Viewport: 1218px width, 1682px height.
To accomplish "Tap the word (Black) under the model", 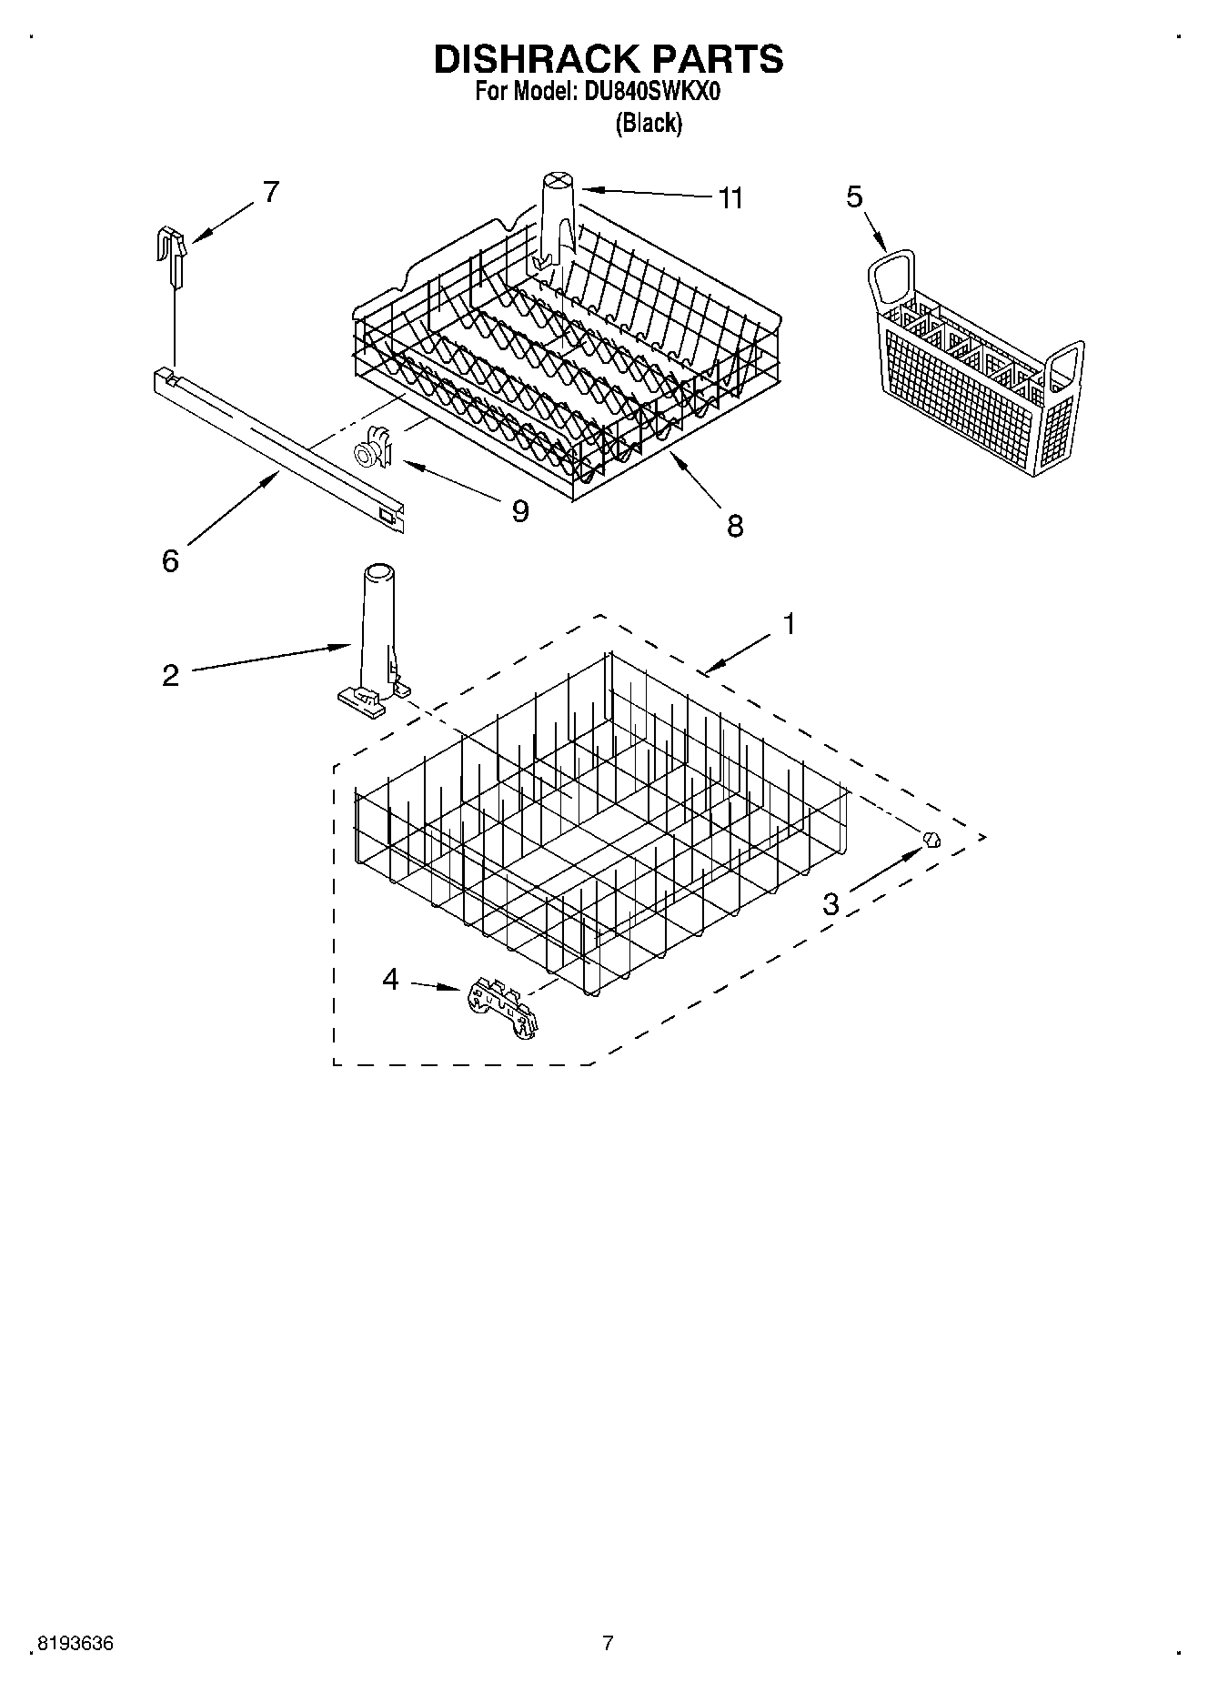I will point(649,123).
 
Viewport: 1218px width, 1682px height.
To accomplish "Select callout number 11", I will point(730,197).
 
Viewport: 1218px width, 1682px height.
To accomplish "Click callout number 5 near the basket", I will point(854,196).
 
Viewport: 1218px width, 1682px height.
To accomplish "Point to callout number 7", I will point(270,192).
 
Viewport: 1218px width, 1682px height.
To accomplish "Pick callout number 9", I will point(519,511).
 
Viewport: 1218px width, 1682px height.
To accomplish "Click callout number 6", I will point(170,561).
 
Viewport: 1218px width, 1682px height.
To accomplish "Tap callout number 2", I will point(170,675).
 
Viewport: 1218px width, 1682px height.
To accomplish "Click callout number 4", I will point(390,980).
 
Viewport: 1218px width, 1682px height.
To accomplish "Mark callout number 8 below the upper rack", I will point(735,525).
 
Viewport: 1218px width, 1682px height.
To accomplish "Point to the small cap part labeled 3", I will point(931,839).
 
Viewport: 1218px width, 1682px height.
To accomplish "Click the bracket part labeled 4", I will point(501,1007).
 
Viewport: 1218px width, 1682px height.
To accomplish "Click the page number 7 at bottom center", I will point(609,1643).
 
